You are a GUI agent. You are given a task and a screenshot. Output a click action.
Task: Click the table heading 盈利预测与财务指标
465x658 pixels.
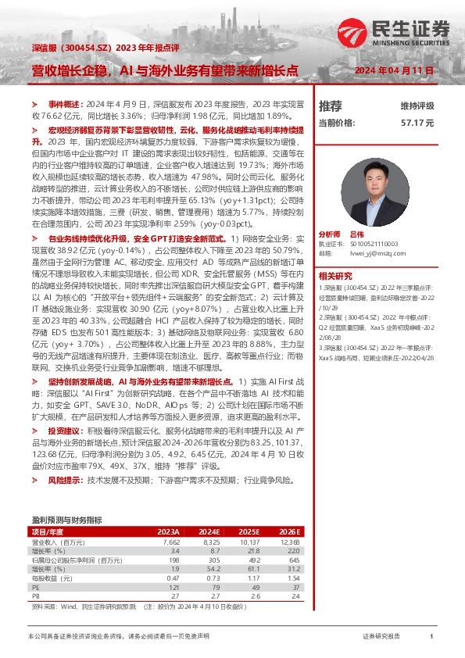point(66,520)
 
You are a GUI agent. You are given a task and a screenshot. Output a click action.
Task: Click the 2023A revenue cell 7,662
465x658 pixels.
point(171,542)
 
